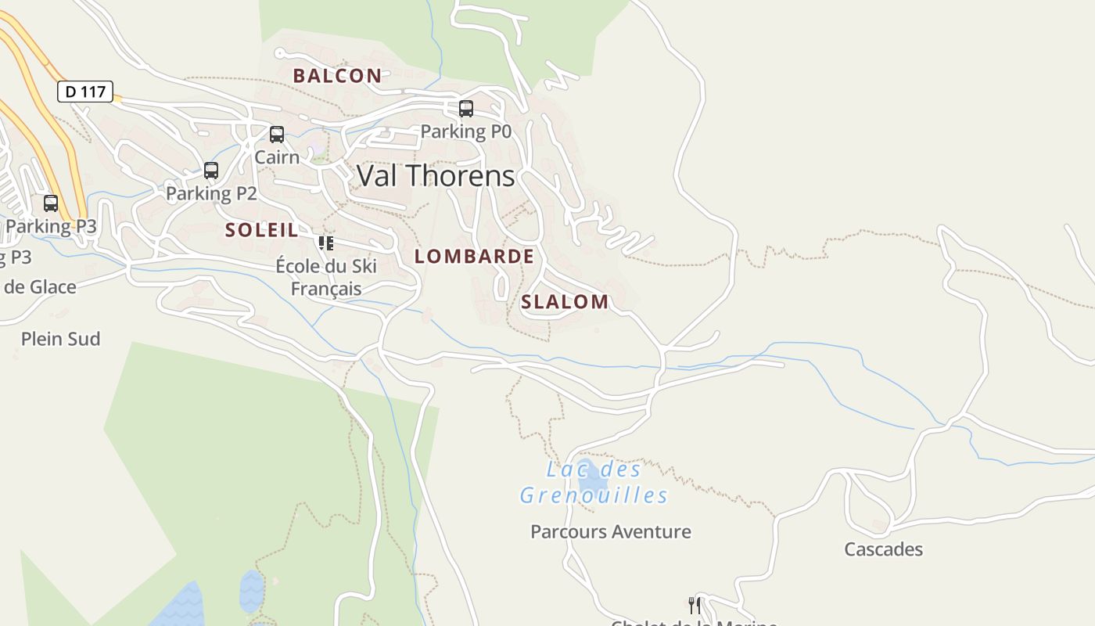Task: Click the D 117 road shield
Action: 85,92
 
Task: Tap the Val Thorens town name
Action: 436,176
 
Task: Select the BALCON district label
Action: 337,76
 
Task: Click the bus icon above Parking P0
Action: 466,109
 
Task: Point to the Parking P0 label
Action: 466,131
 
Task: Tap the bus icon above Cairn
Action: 277,135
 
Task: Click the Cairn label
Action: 277,157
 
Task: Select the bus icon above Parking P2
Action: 211,171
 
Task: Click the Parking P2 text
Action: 211,193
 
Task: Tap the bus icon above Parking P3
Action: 51,203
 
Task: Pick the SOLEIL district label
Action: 262,230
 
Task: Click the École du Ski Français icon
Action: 326,243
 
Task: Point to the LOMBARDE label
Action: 474,257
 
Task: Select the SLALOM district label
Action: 565,302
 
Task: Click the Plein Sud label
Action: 61,339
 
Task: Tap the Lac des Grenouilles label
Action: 594,483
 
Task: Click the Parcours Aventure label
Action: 611,532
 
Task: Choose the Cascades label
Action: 883,549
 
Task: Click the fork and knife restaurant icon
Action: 694,605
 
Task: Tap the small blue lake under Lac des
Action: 592,480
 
